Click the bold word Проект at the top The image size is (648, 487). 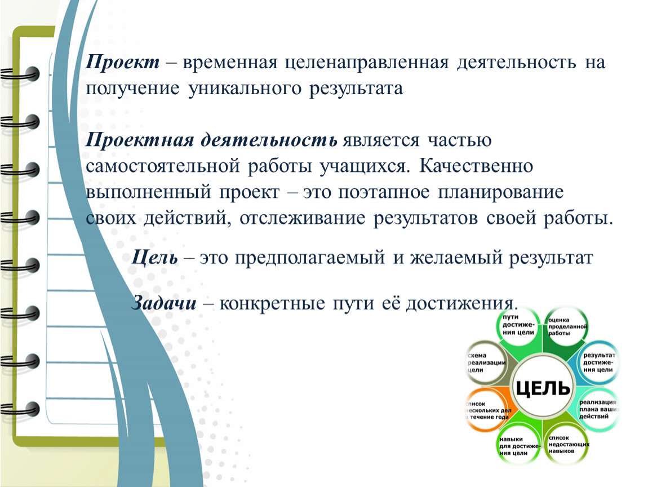(x=123, y=63)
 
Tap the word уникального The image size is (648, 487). (x=245, y=89)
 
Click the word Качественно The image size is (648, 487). (x=476, y=166)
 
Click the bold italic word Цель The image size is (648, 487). (x=154, y=258)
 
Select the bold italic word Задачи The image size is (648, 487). (x=163, y=303)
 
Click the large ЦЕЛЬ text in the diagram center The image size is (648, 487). (x=543, y=388)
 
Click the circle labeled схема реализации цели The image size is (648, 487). (x=488, y=363)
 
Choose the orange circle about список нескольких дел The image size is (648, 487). (x=488, y=410)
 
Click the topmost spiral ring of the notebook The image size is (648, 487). (x=21, y=75)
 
